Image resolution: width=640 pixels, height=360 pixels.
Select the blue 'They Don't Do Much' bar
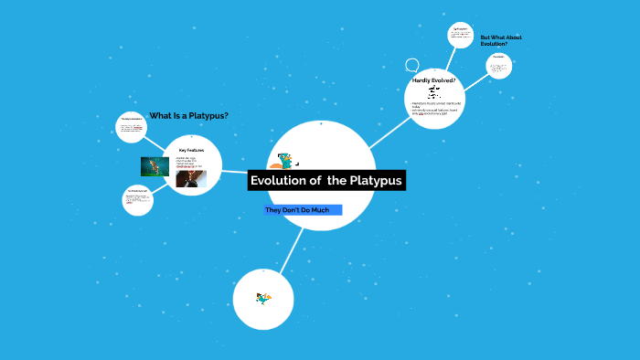(303, 210)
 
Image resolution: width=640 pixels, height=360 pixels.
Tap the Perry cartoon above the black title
(286, 161)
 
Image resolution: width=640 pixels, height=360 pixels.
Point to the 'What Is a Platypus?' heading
(188, 115)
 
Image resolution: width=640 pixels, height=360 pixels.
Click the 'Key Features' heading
(191, 149)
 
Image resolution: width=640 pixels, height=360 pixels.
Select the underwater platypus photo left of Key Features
(155, 165)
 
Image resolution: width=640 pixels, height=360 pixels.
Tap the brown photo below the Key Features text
(190, 179)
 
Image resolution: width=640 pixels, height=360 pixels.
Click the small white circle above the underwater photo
(132, 127)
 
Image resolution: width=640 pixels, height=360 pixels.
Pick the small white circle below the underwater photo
(138, 201)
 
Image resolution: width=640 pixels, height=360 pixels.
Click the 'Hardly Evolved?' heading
(434, 80)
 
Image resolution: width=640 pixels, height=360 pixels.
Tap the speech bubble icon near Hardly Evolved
(412, 66)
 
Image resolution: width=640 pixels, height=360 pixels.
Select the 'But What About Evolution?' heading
(501, 40)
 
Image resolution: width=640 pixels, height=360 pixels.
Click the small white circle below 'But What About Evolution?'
(499, 65)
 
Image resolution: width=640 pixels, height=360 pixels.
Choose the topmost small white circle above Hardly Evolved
(462, 36)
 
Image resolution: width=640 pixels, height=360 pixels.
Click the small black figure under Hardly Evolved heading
(432, 92)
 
